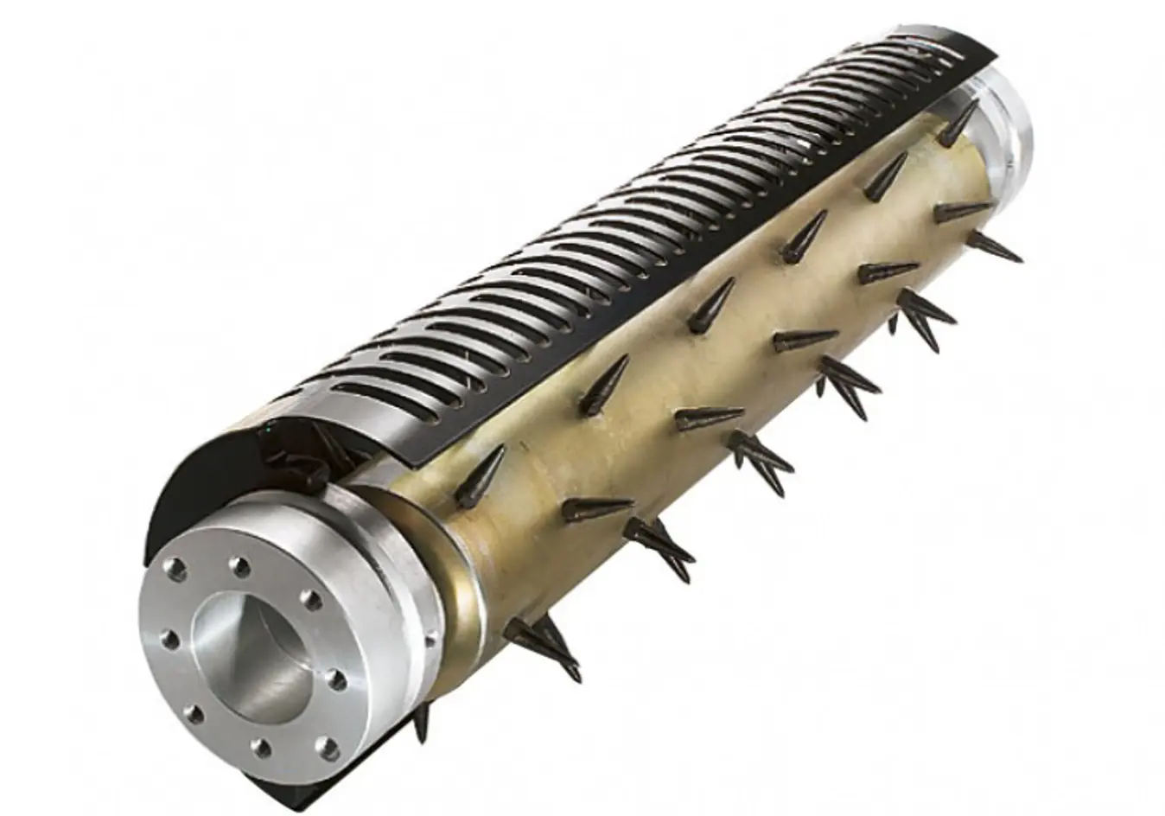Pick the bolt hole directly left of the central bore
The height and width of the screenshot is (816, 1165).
[x=171, y=641]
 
